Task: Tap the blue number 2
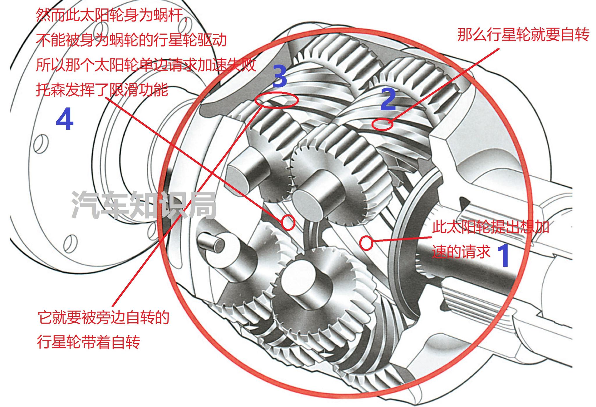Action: pos(388,100)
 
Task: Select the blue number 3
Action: pos(280,76)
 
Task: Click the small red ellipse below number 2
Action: pos(383,125)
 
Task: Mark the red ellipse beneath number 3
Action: pos(276,100)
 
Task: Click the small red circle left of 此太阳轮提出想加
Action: pos(366,243)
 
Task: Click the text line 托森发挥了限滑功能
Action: pos(102,90)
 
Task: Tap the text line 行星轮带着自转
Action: pos(88,342)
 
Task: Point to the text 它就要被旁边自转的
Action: pos(104,317)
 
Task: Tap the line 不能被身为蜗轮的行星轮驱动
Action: pos(131,40)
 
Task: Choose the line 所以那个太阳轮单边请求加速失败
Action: pos(146,65)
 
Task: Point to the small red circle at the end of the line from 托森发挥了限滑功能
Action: pos(288,223)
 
